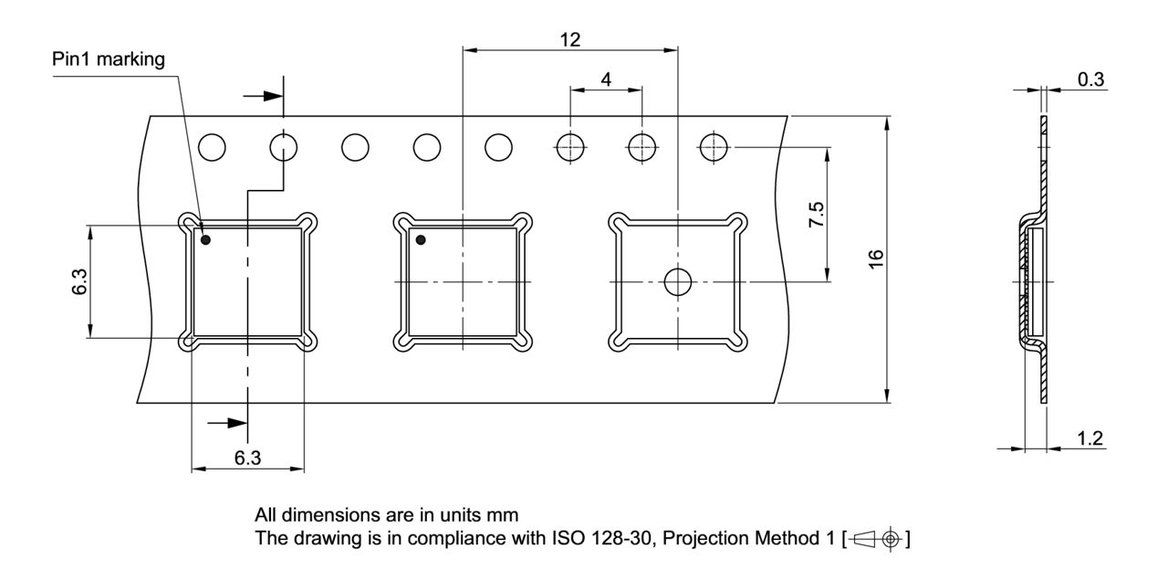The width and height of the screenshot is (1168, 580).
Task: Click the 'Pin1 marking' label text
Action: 109,60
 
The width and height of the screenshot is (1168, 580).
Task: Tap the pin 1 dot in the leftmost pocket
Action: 205,240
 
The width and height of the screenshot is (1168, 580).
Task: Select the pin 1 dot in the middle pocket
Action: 421,240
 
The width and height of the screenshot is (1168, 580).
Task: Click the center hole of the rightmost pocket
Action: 678,282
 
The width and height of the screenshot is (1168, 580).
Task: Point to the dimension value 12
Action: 569,39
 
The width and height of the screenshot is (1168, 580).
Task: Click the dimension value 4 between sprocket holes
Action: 606,79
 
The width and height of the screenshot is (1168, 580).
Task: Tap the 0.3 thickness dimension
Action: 1090,79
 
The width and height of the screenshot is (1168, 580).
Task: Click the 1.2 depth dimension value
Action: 1090,438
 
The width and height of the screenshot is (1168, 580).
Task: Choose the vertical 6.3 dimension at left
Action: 79,281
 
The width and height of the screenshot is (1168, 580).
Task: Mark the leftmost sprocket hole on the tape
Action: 212,146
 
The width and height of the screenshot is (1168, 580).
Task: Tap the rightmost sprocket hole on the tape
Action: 713,146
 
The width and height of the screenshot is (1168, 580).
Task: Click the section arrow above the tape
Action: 264,96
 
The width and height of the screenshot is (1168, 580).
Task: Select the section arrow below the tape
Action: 228,423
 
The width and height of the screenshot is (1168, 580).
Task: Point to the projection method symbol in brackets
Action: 876,539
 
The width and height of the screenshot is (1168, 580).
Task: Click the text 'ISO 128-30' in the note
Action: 603,539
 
